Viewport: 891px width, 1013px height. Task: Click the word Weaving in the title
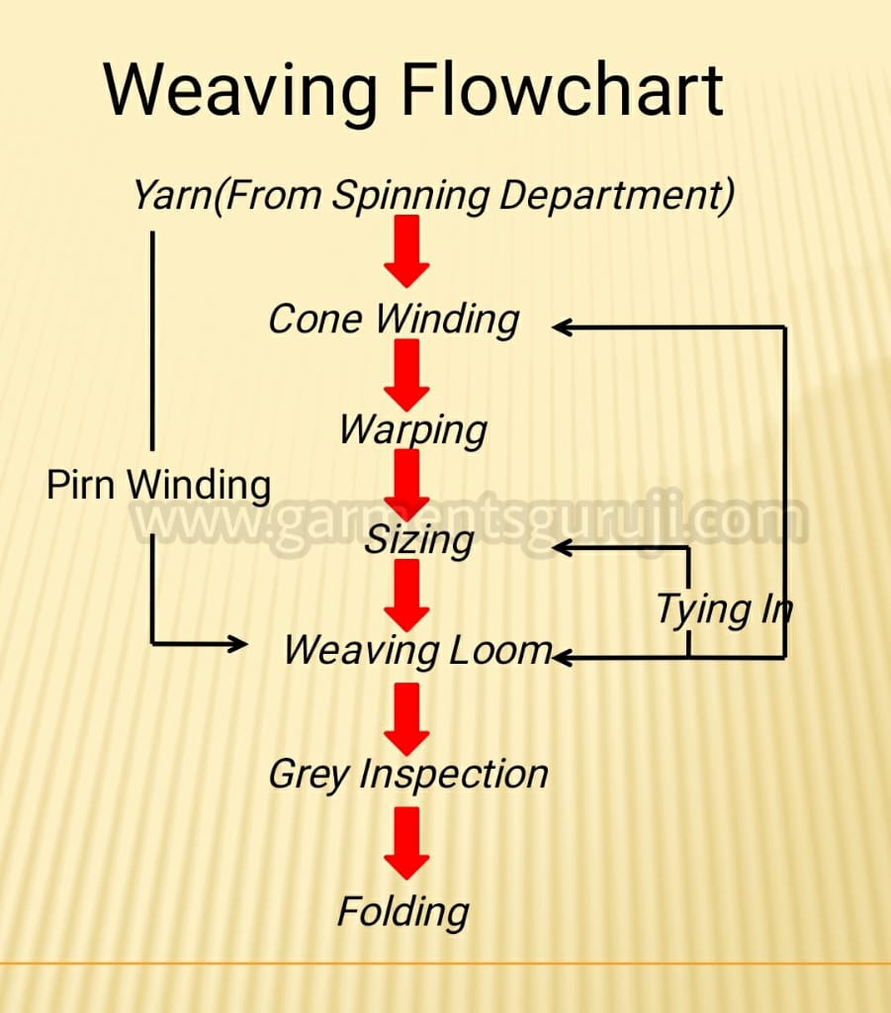coord(240,91)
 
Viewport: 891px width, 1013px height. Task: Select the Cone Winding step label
coord(394,320)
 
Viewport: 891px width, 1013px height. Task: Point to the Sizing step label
coord(419,541)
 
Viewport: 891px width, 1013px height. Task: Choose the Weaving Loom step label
coord(417,651)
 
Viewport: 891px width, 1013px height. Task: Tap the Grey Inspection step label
coord(408,775)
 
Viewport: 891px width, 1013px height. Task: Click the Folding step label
coord(403,912)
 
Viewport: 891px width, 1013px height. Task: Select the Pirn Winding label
coord(159,485)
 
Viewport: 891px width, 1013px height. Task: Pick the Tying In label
coord(724,610)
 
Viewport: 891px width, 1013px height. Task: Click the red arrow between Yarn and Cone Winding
coord(406,252)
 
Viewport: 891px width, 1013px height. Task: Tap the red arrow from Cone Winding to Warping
coord(406,375)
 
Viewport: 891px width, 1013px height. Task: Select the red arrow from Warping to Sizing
coord(406,486)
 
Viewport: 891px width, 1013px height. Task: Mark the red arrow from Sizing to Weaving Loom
coord(406,596)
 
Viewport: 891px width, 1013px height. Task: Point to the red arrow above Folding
coord(406,844)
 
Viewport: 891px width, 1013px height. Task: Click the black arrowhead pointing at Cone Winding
coord(563,327)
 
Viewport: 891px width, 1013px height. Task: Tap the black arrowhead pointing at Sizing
coord(563,548)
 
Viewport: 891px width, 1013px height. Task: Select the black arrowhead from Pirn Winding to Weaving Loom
coord(238,643)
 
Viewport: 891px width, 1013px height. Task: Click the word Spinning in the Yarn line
coord(410,196)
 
